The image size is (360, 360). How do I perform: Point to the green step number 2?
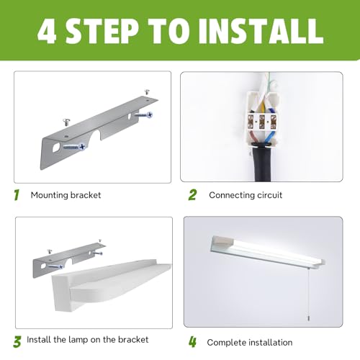point(192,194)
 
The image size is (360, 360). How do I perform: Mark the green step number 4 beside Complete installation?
point(192,341)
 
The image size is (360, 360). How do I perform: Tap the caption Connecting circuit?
point(246,195)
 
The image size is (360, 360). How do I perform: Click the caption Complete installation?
point(248,342)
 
